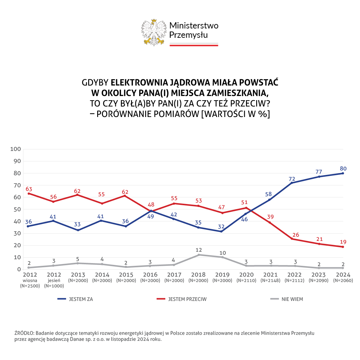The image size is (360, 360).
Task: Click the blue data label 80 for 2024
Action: (x=343, y=168)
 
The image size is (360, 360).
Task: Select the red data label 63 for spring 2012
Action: (x=29, y=189)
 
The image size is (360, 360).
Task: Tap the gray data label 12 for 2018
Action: (x=199, y=250)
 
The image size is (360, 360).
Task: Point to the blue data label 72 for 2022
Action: (x=292, y=179)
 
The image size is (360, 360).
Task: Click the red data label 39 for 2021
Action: (x=271, y=217)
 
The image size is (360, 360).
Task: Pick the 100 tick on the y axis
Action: (x=16, y=149)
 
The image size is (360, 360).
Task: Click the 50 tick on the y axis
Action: (x=17, y=209)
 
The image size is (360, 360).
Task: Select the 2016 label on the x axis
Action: (x=150, y=274)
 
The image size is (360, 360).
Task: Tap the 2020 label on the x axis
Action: (x=246, y=274)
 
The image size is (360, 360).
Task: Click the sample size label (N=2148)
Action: (x=270, y=280)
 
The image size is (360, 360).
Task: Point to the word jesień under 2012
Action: (x=54, y=280)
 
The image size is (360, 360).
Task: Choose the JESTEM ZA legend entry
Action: (x=81, y=299)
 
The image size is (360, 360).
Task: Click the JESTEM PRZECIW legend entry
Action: (x=187, y=299)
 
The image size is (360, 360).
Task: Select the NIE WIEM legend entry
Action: (x=292, y=299)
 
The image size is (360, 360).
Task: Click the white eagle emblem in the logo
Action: (x=154, y=32)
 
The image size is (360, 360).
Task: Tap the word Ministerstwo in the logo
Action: (x=194, y=25)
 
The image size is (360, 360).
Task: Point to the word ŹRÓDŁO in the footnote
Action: (x=24, y=333)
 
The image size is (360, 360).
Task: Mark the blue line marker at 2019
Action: (x=222, y=231)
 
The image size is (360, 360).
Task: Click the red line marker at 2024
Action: (x=343, y=247)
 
